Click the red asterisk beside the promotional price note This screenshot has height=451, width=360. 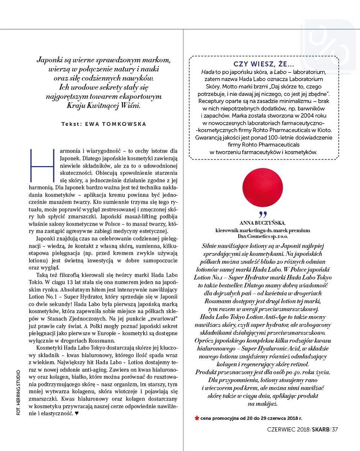[197, 418]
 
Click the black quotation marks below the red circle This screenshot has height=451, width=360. [263, 215]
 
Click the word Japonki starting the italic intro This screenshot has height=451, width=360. [49, 60]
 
